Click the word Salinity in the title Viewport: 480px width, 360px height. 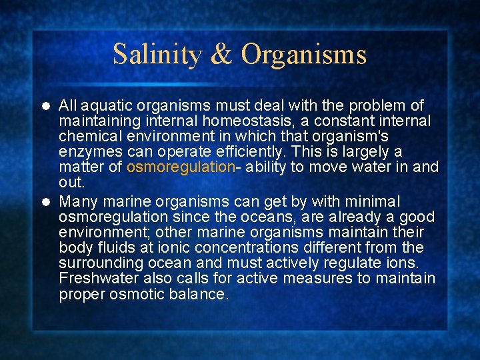(157, 54)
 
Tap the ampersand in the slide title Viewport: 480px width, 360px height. (221, 54)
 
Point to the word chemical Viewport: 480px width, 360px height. (88, 137)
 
